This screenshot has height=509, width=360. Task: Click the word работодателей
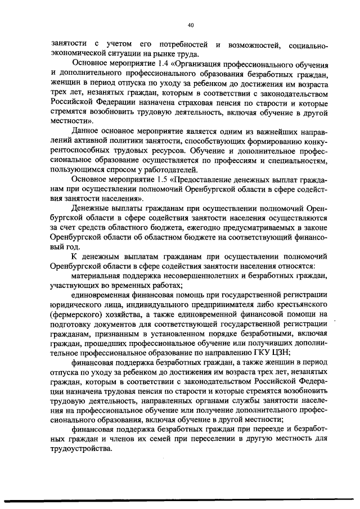[x=169, y=170]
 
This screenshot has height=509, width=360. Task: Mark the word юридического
[x=78, y=305]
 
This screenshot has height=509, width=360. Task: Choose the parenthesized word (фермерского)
[x=77, y=316]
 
